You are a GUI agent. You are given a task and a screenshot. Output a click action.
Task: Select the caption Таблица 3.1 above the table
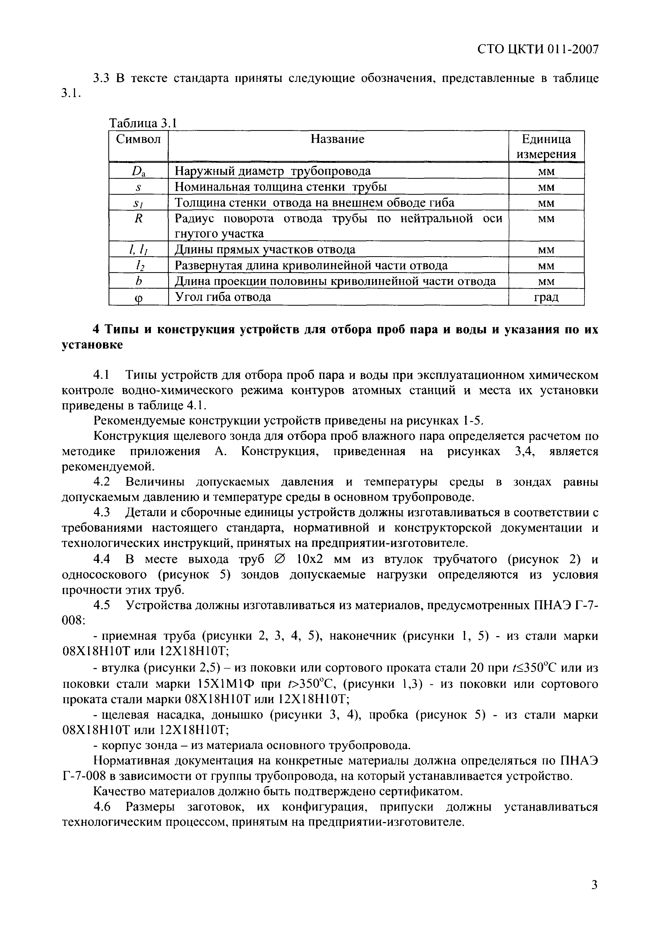pos(143,123)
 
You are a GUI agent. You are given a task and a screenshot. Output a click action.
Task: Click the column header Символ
pos(138,139)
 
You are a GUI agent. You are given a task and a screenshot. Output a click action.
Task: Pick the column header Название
pos(337,139)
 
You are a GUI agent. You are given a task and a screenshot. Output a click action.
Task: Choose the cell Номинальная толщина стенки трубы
pos(280,187)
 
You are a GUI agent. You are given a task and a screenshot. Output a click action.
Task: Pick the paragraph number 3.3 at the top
pos(102,78)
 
